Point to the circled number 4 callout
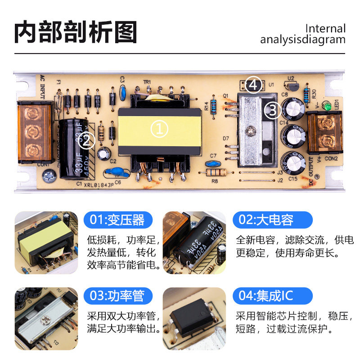tap(254, 85)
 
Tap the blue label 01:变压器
tap(118, 220)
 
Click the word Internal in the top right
tap(325, 28)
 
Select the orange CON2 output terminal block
tap(324, 134)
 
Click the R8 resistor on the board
tap(216, 172)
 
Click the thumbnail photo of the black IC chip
tap(194, 319)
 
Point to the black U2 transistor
tap(292, 85)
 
